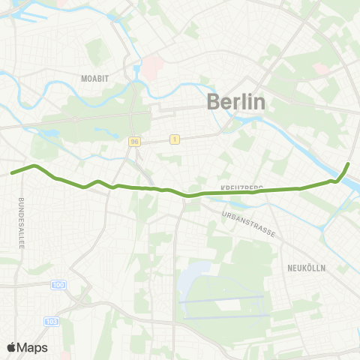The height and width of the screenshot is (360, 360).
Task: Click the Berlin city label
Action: (235, 102)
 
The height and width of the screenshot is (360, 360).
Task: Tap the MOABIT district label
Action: (97, 77)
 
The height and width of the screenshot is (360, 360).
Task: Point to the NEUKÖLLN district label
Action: (306, 267)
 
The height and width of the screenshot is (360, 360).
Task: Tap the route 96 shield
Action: (134, 140)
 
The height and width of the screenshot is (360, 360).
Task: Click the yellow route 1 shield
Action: (175, 139)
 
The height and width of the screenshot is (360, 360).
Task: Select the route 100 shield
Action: (59, 285)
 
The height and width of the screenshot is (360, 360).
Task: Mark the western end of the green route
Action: (12, 173)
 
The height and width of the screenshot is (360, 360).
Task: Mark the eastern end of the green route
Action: (348, 163)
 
